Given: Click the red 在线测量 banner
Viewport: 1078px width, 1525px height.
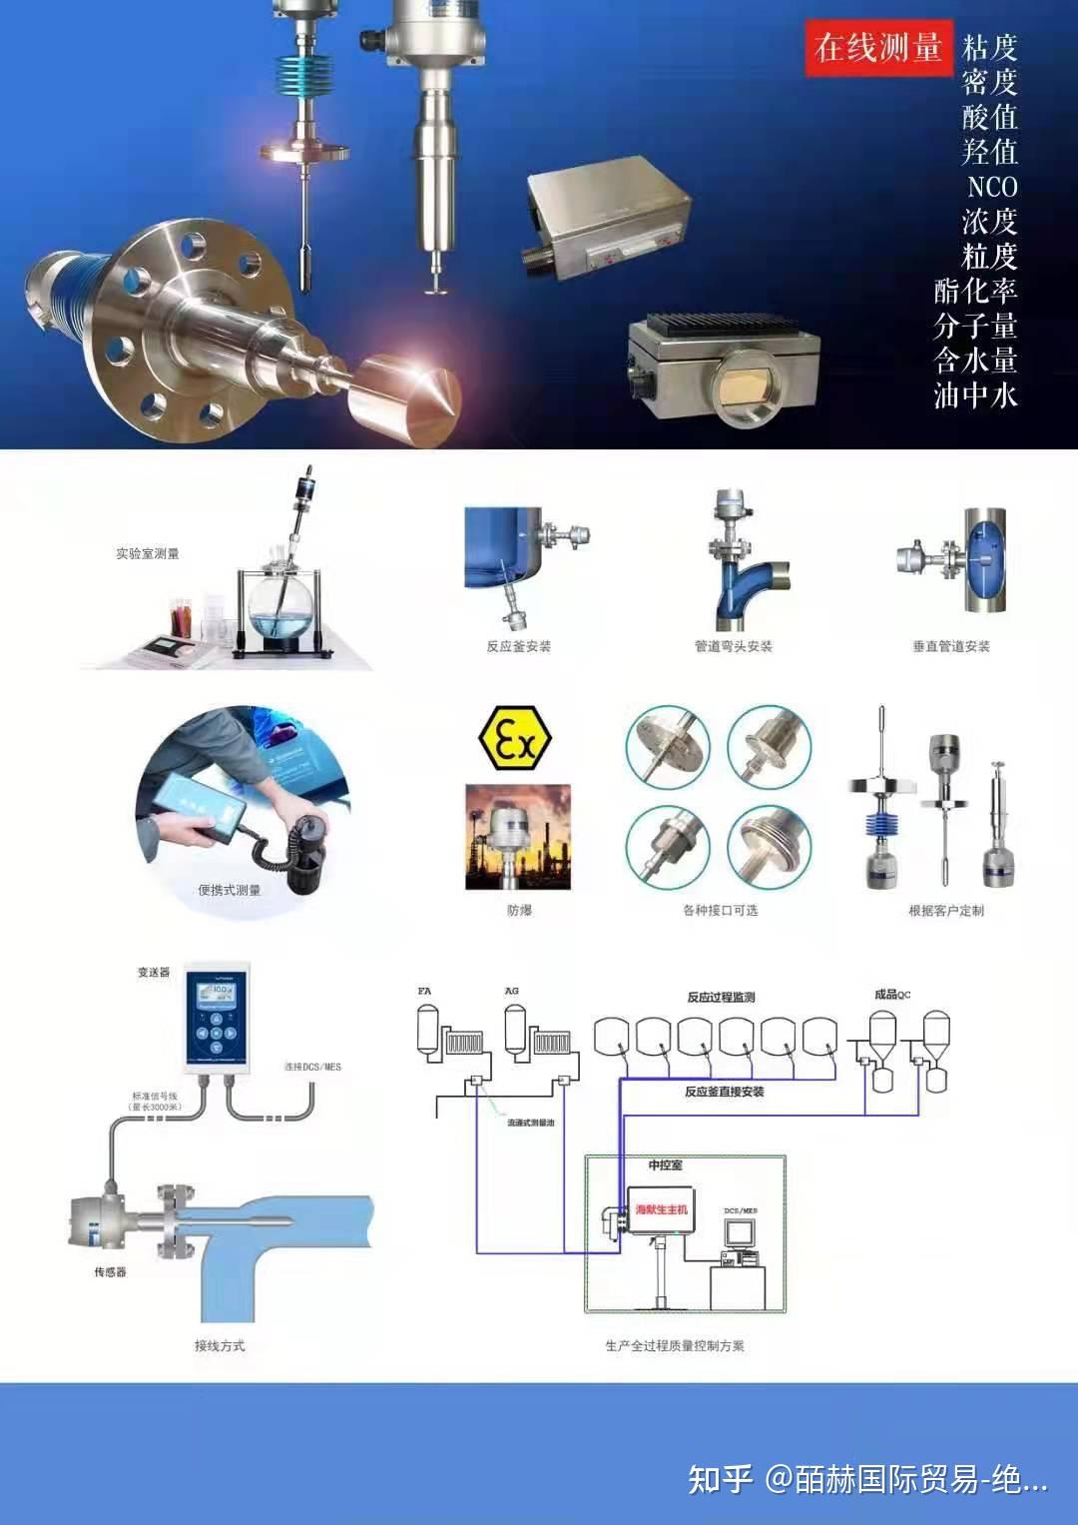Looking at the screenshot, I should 877,47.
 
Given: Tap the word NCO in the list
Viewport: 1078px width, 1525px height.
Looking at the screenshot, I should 991,187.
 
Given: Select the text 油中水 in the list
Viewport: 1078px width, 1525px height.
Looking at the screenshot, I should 975,395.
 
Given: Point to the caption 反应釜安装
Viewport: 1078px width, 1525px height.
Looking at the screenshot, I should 518,646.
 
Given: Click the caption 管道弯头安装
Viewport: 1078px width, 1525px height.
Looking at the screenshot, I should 734,646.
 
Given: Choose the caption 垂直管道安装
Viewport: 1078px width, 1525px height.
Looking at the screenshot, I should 951,646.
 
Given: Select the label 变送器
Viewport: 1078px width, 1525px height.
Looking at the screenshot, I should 154,972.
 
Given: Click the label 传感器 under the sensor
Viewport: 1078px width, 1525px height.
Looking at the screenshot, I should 110,1272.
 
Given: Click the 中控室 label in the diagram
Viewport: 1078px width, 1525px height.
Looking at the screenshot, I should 665,1164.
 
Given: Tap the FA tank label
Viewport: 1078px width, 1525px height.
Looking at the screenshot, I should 424,991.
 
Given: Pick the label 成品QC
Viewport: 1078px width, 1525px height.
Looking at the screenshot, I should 892,994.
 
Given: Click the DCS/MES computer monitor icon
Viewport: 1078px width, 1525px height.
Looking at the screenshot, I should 740,1233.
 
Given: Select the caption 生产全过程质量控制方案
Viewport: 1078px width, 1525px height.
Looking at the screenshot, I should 675,1345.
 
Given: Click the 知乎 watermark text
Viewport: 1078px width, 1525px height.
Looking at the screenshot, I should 720,1478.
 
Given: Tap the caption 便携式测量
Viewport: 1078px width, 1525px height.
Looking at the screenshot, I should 229,890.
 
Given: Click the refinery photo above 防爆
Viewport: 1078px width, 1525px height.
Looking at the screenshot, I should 517,836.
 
